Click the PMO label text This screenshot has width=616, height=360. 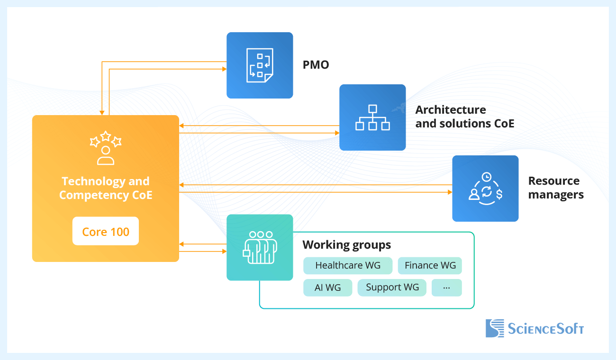pyautogui.click(x=316, y=65)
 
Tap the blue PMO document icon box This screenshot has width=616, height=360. pyautogui.click(x=260, y=65)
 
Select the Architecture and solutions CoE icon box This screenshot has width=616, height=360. pyautogui.click(x=372, y=117)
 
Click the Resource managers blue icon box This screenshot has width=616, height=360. pyautogui.click(x=485, y=189)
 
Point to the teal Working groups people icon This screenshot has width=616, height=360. pyautogui.click(x=260, y=247)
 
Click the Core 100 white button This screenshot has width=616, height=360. pyautogui.click(x=106, y=231)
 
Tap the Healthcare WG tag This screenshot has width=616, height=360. pyautogui.click(x=348, y=266)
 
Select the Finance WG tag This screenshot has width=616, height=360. pyautogui.click(x=430, y=266)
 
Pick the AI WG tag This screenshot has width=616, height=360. pyautogui.click(x=327, y=288)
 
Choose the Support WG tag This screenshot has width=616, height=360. pyautogui.click(x=392, y=288)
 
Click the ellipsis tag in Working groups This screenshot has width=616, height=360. pyautogui.click(x=446, y=288)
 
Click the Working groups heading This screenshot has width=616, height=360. pyautogui.click(x=347, y=245)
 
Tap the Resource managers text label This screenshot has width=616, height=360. pyautogui.click(x=555, y=188)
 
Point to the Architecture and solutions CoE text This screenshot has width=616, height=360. pyautogui.click(x=464, y=117)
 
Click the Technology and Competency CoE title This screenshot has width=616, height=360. pyautogui.click(x=106, y=188)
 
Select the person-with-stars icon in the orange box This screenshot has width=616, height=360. pyautogui.click(x=106, y=148)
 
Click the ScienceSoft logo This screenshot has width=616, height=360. pyautogui.click(x=534, y=328)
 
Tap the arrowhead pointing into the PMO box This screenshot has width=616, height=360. pyautogui.click(x=224, y=69)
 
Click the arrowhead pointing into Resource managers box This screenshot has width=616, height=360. pyautogui.click(x=450, y=192)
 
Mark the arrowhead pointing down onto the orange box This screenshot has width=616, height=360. pyautogui.click(x=102, y=113)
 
